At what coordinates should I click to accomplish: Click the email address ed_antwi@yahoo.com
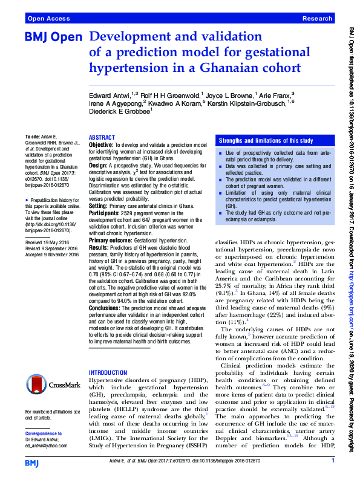coord(50,446)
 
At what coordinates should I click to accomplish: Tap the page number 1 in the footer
coord(333,462)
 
